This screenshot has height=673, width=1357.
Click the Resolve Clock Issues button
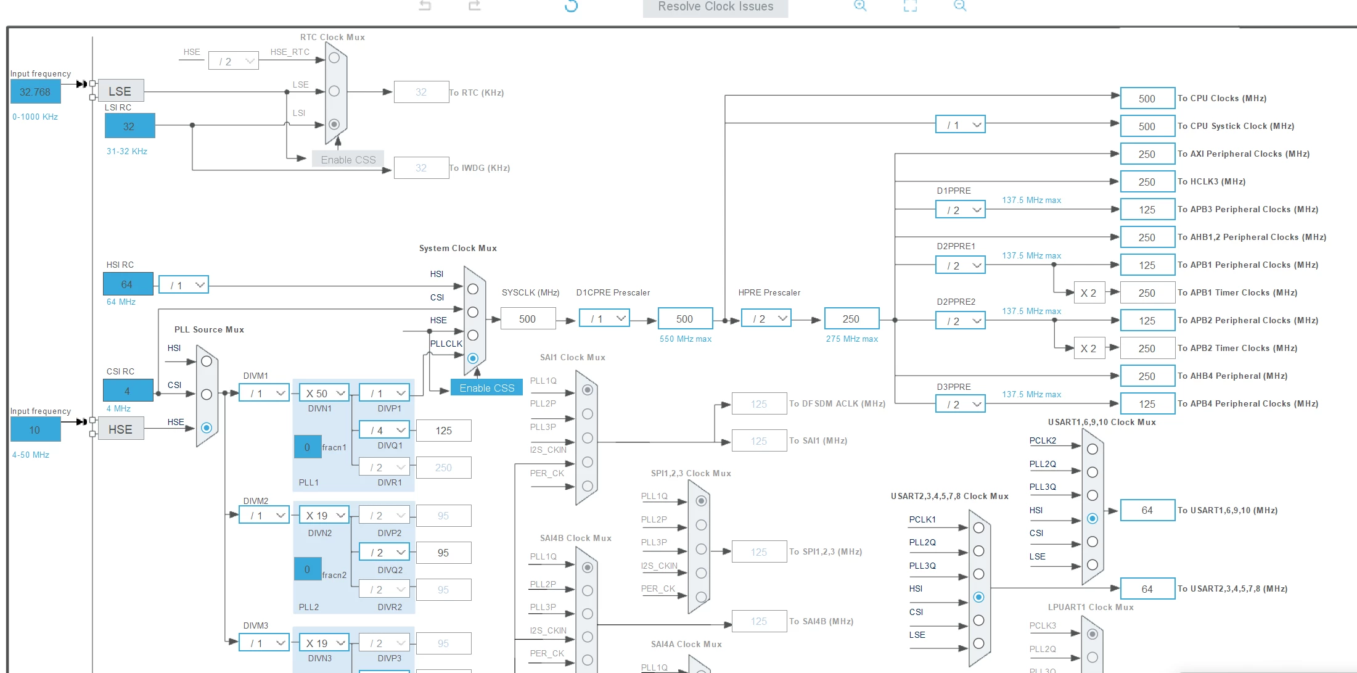(x=715, y=7)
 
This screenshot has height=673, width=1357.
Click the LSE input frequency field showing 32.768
(x=35, y=92)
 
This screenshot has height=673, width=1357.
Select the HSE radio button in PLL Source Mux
(x=207, y=427)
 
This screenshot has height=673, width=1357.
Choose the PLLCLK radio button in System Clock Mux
(x=473, y=358)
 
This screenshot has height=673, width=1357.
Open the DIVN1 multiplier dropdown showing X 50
(x=324, y=393)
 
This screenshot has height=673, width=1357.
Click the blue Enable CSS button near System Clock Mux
(x=486, y=388)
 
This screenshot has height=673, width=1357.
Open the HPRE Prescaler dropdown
(x=766, y=318)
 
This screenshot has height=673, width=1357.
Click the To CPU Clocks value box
(x=1147, y=99)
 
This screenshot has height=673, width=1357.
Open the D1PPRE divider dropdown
(x=961, y=210)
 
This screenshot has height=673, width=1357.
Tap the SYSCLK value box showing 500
(x=528, y=319)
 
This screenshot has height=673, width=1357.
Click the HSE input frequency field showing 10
(x=35, y=429)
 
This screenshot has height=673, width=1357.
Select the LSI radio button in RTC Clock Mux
(x=334, y=124)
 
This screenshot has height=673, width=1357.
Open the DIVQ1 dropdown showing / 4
(x=385, y=430)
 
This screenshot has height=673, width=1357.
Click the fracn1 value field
(x=307, y=447)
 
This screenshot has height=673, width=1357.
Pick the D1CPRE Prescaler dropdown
(x=604, y=318)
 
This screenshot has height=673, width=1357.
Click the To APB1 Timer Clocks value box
(x=1147, y=293)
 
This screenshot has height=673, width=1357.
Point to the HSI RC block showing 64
(x=128, y=284)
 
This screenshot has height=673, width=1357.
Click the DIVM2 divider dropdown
(x=264, y=515)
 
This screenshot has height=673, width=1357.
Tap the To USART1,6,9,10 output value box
(x=1147, y=510)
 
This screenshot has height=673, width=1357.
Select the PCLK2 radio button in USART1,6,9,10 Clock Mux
(x=1093, y=449)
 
